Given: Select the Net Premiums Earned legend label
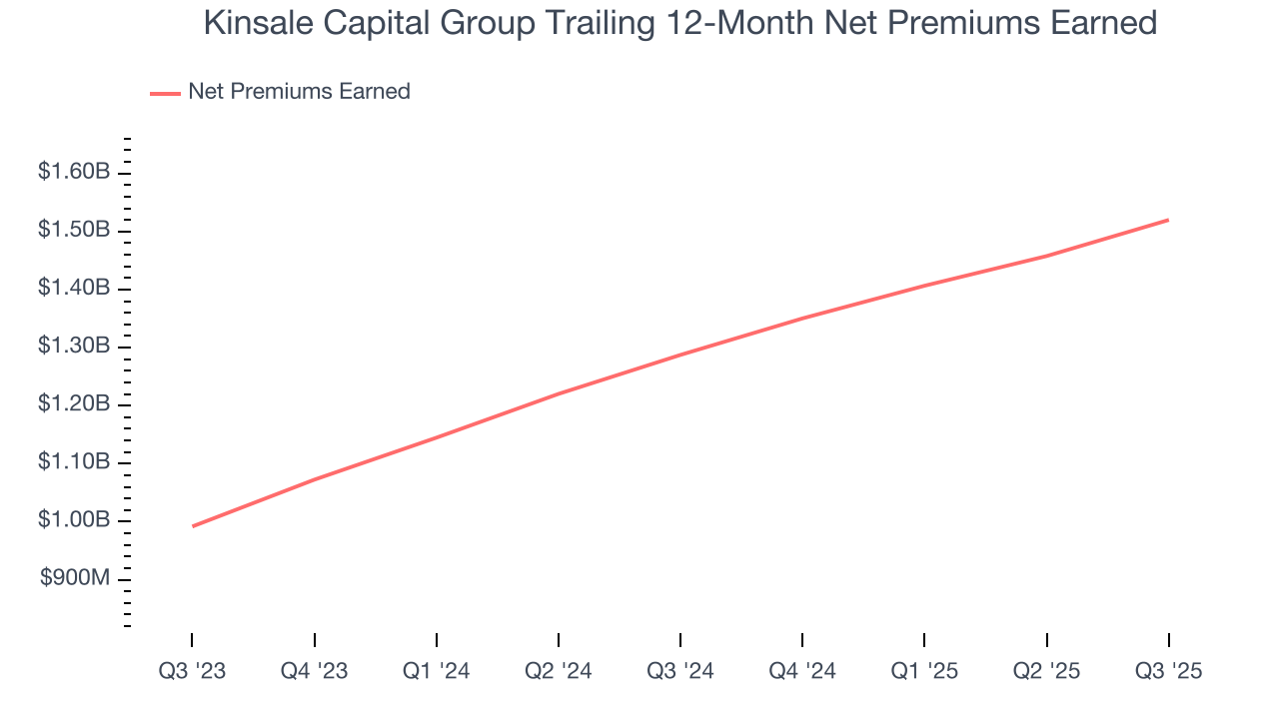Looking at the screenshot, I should click(299, 92).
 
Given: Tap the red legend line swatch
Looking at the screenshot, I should click(165, 93).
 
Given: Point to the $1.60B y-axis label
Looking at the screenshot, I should click(73, 172).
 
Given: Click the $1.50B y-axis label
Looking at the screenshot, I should click(73, 230).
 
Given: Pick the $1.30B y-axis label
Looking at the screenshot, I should click(73, 346).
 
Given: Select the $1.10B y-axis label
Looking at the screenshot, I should click(73, 462).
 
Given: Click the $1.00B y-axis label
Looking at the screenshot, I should click(73, 520).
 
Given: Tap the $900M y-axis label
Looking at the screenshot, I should click(75, 578).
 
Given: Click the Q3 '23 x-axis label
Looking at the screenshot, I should click(192, 671).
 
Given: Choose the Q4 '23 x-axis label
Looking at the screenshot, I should click(314, 671).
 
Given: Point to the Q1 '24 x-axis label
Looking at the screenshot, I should click(436, 671).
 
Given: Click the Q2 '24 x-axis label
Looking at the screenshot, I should click(558, 671).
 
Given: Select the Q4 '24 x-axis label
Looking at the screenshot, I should click(802, 671).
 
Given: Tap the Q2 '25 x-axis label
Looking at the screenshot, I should click(1046, 671).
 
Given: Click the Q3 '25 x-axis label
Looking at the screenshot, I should click(1168, 671).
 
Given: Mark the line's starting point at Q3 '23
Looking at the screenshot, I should click(192, 526).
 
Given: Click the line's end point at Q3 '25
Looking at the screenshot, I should click(1168, 220).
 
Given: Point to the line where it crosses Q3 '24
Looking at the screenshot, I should click(680, 355).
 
